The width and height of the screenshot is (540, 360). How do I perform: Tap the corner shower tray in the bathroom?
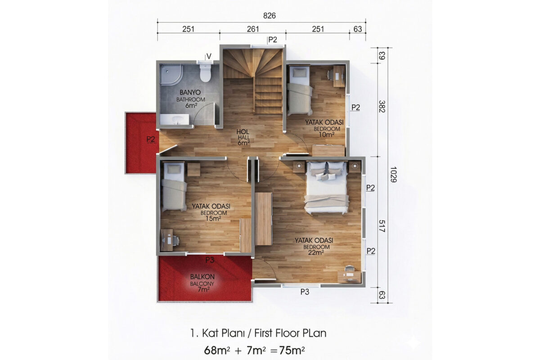[171, 75]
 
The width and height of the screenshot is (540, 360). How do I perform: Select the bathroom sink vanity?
[175, 120]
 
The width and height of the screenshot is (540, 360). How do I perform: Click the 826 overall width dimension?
[269, 16]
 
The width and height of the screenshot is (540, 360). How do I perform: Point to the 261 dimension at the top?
[253, 29]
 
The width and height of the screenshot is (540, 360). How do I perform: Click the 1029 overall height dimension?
[393, 174]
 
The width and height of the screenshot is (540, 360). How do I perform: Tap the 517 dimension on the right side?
[382, 226]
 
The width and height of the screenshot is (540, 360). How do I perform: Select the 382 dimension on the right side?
[382, 107]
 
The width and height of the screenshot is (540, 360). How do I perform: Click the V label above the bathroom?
[209, 56]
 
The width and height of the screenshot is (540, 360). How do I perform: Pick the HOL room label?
[243, 132]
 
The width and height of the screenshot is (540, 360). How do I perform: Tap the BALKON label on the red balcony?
[202, 277]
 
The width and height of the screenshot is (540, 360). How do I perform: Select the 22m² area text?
[316, 252]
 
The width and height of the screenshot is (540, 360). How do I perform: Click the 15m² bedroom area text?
[213, 218]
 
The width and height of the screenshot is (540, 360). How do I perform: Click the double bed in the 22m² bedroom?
[327, 188]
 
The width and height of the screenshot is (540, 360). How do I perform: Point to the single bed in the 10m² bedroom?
[300, 90]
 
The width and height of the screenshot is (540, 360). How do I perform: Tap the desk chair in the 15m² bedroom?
[175, 240]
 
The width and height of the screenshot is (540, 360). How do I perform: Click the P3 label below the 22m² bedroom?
[305, 292]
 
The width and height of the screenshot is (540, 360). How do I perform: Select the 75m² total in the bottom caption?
[292, 350]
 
